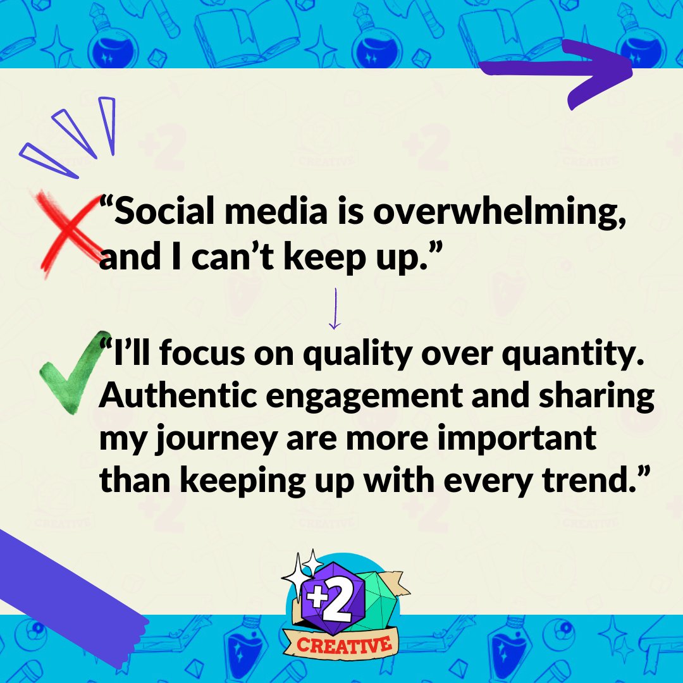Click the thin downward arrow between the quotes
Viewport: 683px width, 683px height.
(x=335, y=309)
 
